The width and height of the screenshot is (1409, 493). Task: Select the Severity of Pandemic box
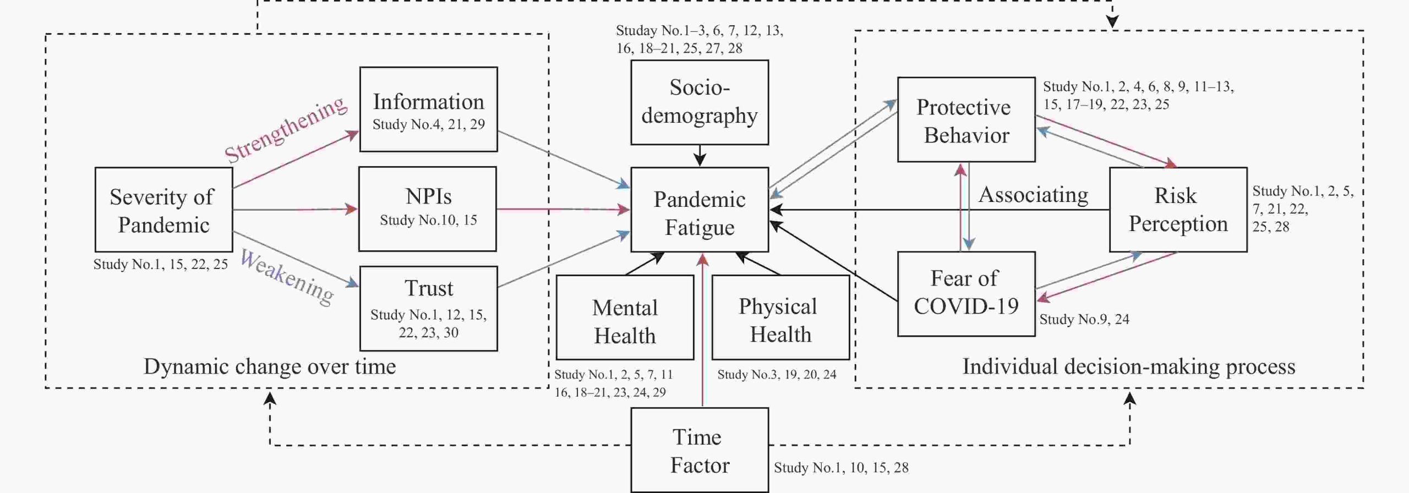(x=163, y=210)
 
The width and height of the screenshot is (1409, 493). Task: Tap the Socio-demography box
(x=699, y=102)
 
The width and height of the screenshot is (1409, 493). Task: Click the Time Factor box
(x=699, y=450)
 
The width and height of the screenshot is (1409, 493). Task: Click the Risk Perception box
(x=1178, y=210)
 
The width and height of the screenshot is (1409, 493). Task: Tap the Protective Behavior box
(x=966, y=119)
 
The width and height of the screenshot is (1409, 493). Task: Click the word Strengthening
(x=286, y=130)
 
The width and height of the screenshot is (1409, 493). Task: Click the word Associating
(x=1033, y=195)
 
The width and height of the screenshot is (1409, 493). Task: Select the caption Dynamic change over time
(x=270, y=366)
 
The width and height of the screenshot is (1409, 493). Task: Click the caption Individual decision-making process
(x=1128, y=366)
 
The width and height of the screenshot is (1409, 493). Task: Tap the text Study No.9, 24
(x=1084, y=319)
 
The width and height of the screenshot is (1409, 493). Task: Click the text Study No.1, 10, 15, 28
(x=840, y=468)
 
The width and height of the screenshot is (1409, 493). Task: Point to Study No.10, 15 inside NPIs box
(x=428, y=220)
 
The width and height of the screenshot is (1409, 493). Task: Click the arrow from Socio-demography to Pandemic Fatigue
(x=699, y=156)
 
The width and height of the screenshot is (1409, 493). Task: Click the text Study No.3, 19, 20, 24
(x=776, y=375)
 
